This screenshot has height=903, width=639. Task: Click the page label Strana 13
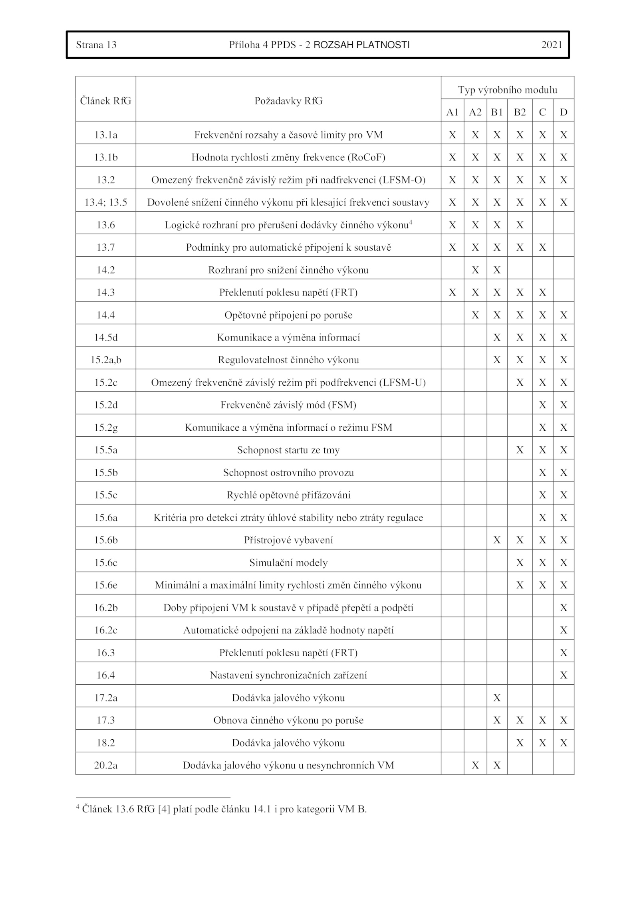[96, 45]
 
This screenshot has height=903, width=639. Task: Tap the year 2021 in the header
[552, 45]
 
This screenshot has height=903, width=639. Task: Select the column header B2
[520, 113]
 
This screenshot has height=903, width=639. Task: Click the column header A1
[452, 113]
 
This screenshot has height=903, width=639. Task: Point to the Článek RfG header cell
[105, 101]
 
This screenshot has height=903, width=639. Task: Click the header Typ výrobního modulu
[507, 90]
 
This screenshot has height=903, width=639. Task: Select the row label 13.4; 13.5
[105, 202]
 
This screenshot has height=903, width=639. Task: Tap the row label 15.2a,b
[105, 360]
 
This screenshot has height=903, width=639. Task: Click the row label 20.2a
[105, 765]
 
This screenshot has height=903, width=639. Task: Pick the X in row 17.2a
[497, 698]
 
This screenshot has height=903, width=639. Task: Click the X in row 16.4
[564, 675]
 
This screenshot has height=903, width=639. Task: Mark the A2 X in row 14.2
[475, 270]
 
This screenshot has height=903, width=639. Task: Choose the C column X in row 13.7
[542, 248]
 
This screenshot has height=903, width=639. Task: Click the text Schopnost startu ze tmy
[288, 450]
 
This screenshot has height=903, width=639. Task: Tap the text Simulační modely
[288, 563]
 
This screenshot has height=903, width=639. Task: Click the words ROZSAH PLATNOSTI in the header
[361, 45]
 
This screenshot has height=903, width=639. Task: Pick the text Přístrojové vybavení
[288, 540]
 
